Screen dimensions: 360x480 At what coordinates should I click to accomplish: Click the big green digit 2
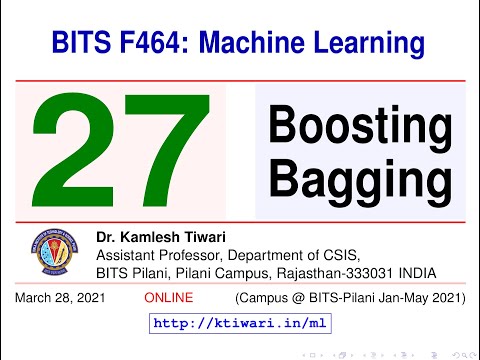(82, 152)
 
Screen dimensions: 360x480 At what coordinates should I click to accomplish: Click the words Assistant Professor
(156, 255)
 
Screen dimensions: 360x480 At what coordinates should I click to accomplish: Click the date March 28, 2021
(59, 299)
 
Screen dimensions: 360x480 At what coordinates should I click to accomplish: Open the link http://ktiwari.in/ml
(240, 324)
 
